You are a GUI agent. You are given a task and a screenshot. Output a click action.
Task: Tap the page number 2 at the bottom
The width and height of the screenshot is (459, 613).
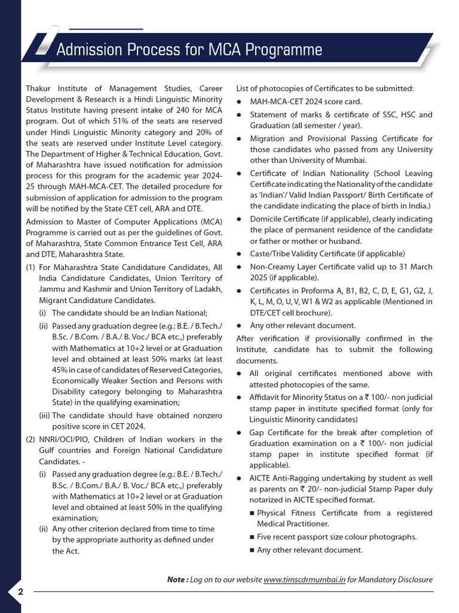20,592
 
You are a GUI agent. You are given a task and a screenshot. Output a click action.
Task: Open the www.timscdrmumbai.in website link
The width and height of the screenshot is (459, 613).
304,579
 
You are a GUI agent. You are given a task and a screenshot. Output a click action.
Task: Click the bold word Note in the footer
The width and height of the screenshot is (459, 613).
176,579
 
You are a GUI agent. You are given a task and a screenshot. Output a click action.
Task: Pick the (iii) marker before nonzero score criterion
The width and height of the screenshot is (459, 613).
44,415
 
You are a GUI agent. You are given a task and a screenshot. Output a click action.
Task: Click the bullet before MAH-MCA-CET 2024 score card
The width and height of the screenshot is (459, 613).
239,102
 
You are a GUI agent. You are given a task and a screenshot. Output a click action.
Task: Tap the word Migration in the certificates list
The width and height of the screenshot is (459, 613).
269,139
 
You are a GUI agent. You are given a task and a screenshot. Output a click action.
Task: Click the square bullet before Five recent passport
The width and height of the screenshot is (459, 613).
252,538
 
